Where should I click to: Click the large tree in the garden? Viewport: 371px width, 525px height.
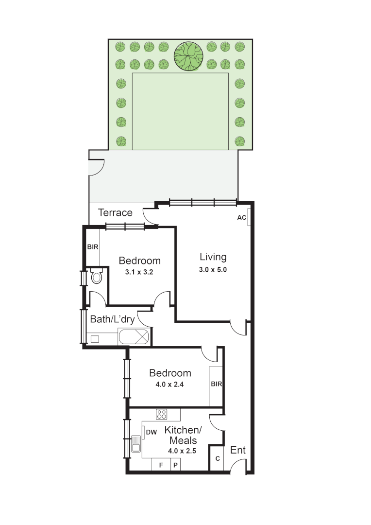coord(188,56)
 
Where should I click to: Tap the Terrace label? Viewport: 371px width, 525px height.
coord(115,212)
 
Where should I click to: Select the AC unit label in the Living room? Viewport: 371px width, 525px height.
coord(241,218)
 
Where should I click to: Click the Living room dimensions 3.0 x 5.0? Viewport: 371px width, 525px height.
coord(213,269)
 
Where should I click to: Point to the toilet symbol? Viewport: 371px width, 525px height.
coord(96,277)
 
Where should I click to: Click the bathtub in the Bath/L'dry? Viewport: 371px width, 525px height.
coord(134,336)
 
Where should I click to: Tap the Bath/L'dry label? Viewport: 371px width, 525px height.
coord(112,319)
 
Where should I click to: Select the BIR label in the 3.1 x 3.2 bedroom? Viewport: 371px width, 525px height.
coord(93,247)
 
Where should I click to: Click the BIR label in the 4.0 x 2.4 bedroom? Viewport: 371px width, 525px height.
coord(216,384)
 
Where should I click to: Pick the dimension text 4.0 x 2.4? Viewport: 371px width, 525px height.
coord(169,384)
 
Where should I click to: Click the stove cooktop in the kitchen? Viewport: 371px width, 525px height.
coord(162,414)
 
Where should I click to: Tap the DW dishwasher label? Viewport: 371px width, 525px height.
coord(151,432)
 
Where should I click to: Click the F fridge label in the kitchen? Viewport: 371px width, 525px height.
coord(161,465)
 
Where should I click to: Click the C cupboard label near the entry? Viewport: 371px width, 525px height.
coord(217,459)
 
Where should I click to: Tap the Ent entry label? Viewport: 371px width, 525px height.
coord(238,451)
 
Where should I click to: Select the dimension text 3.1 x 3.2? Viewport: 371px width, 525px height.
coord(139,272)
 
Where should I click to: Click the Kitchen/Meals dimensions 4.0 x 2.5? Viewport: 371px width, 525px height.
coord(183,451)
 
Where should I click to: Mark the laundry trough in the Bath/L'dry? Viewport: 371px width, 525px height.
coord(95,339)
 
